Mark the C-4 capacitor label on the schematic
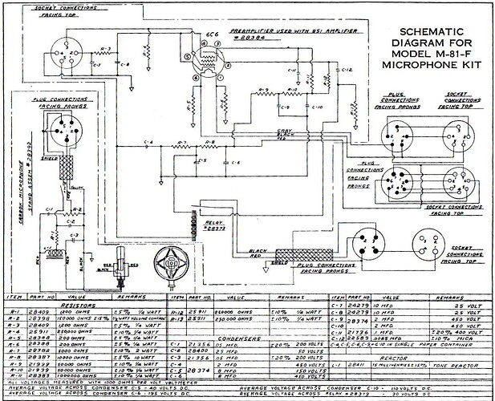coord(147,142)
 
